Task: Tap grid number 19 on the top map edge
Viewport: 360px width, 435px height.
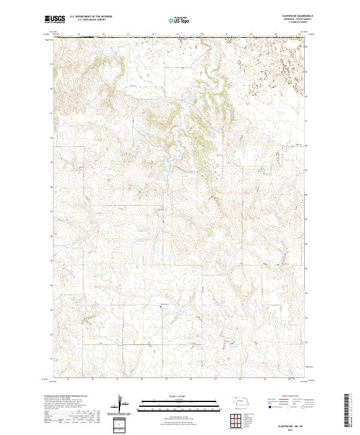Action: coord(153,34)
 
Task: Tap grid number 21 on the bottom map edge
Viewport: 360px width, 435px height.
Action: coord(215,380)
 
